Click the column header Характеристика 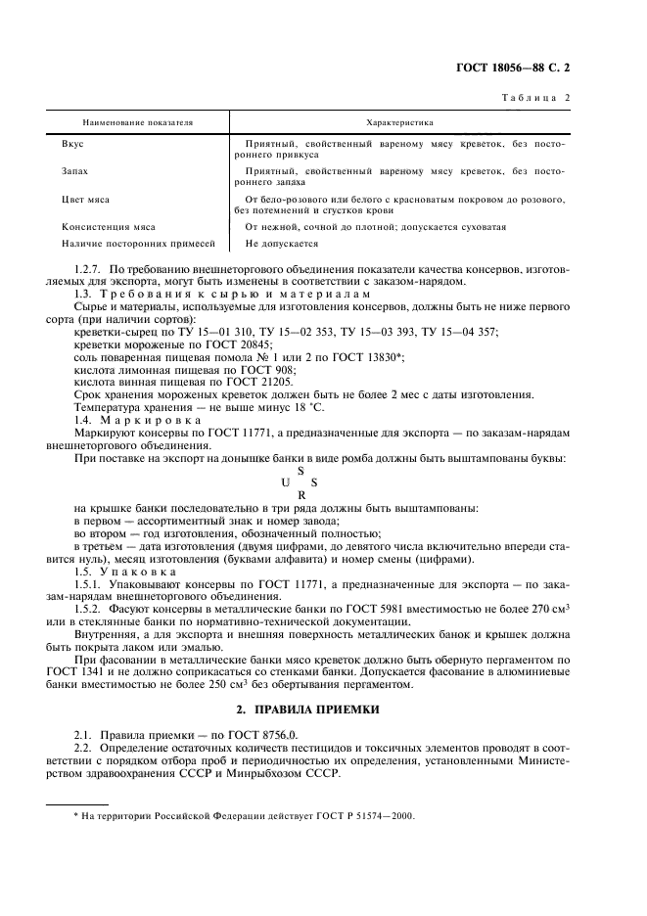click(x=398, y=124)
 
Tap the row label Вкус click(x=71, y=144)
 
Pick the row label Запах click(x=74, y=171)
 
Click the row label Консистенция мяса click(x=109, y=226)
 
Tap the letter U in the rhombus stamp click(x=285, y=481)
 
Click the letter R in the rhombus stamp click(x=300, y=495)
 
